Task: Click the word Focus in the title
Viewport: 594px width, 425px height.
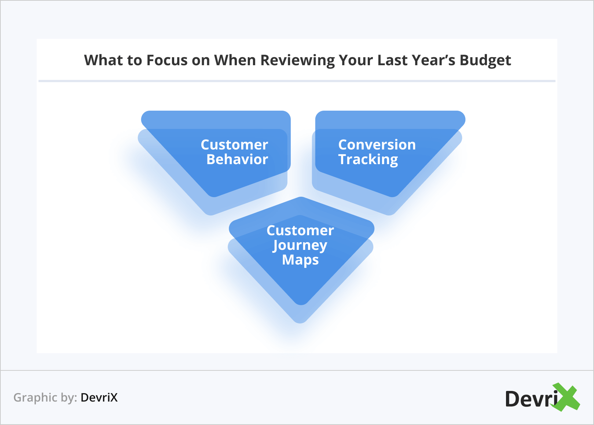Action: point(167,60)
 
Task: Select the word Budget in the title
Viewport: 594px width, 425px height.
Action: point(485,61)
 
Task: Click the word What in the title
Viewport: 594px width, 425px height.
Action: point(103,60)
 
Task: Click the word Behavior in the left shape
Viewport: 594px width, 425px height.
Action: point(237,159)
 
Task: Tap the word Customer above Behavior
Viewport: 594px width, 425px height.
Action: point(234,145)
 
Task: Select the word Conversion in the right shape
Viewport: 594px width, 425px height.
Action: point(377,145)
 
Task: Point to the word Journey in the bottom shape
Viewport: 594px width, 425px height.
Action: point(300,246)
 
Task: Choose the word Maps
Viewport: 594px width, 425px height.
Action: point(300,260)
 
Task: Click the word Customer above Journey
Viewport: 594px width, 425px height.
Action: point(300,230)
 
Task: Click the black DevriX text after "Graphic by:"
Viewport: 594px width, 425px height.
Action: point(99,398)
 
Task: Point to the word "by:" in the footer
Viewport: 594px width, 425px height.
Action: point(69,398)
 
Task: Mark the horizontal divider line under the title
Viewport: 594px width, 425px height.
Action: point(297,81)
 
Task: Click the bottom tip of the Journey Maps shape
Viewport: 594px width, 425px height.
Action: point(300,323)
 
